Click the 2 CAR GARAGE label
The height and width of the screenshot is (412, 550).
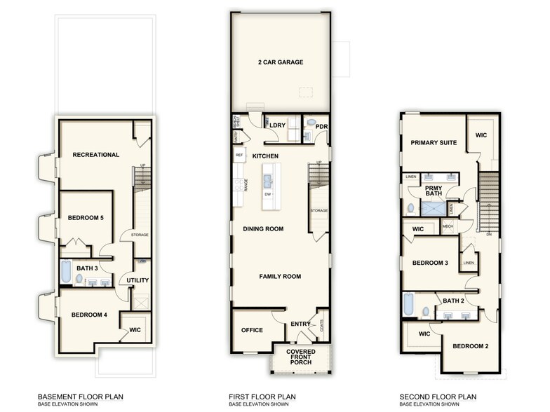pyautogui.click(x=280, y=62)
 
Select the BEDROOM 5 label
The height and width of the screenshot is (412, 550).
pyautogui.click(x=86, y=218)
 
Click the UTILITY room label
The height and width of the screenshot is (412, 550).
pyautogui.click(x=137, y=280)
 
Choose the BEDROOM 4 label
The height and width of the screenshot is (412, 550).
pyautogui.click(x=89, y=315)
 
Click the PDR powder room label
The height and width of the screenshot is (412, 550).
pyautogui.click(x=322, y=127)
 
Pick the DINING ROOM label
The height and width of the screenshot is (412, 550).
pyautogui.click(x=263, y=228)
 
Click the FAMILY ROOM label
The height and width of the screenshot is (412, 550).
pyautogui.click(x=279, y=277)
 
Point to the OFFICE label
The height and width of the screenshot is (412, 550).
pyautogui.click(x=252, y=330)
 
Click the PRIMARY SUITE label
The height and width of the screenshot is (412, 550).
pyautogui.click(x=434, y=143)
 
